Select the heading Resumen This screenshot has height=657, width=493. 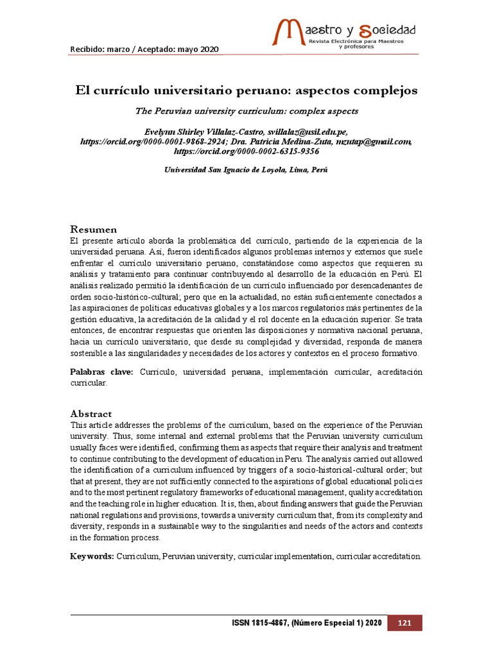click(x=93, y=229)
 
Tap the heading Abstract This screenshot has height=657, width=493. click(x=91, y=414)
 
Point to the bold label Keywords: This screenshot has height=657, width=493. click(x=92, y=556)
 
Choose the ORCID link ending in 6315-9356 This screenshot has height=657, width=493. click(x=246, y=152)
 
